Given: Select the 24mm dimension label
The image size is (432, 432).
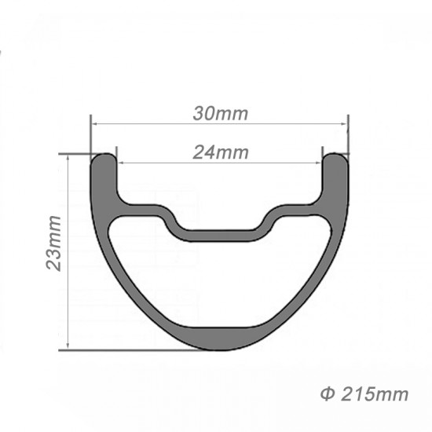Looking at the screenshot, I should pos(220,152).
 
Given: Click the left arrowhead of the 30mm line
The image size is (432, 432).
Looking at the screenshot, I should pos(95,123).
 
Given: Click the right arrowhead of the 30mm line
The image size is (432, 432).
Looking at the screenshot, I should pos(344,123).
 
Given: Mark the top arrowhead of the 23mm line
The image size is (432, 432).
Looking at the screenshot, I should pos(69,158).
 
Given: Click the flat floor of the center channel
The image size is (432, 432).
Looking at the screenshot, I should pos(220,229).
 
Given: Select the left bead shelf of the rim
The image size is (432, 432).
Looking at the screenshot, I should pos(141,206).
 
